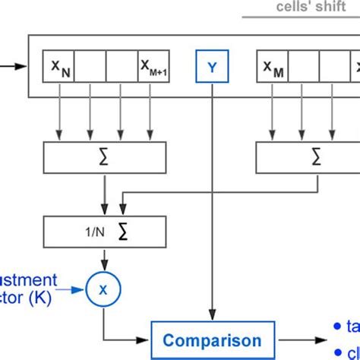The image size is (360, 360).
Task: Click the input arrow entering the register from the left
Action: (12, 66)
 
